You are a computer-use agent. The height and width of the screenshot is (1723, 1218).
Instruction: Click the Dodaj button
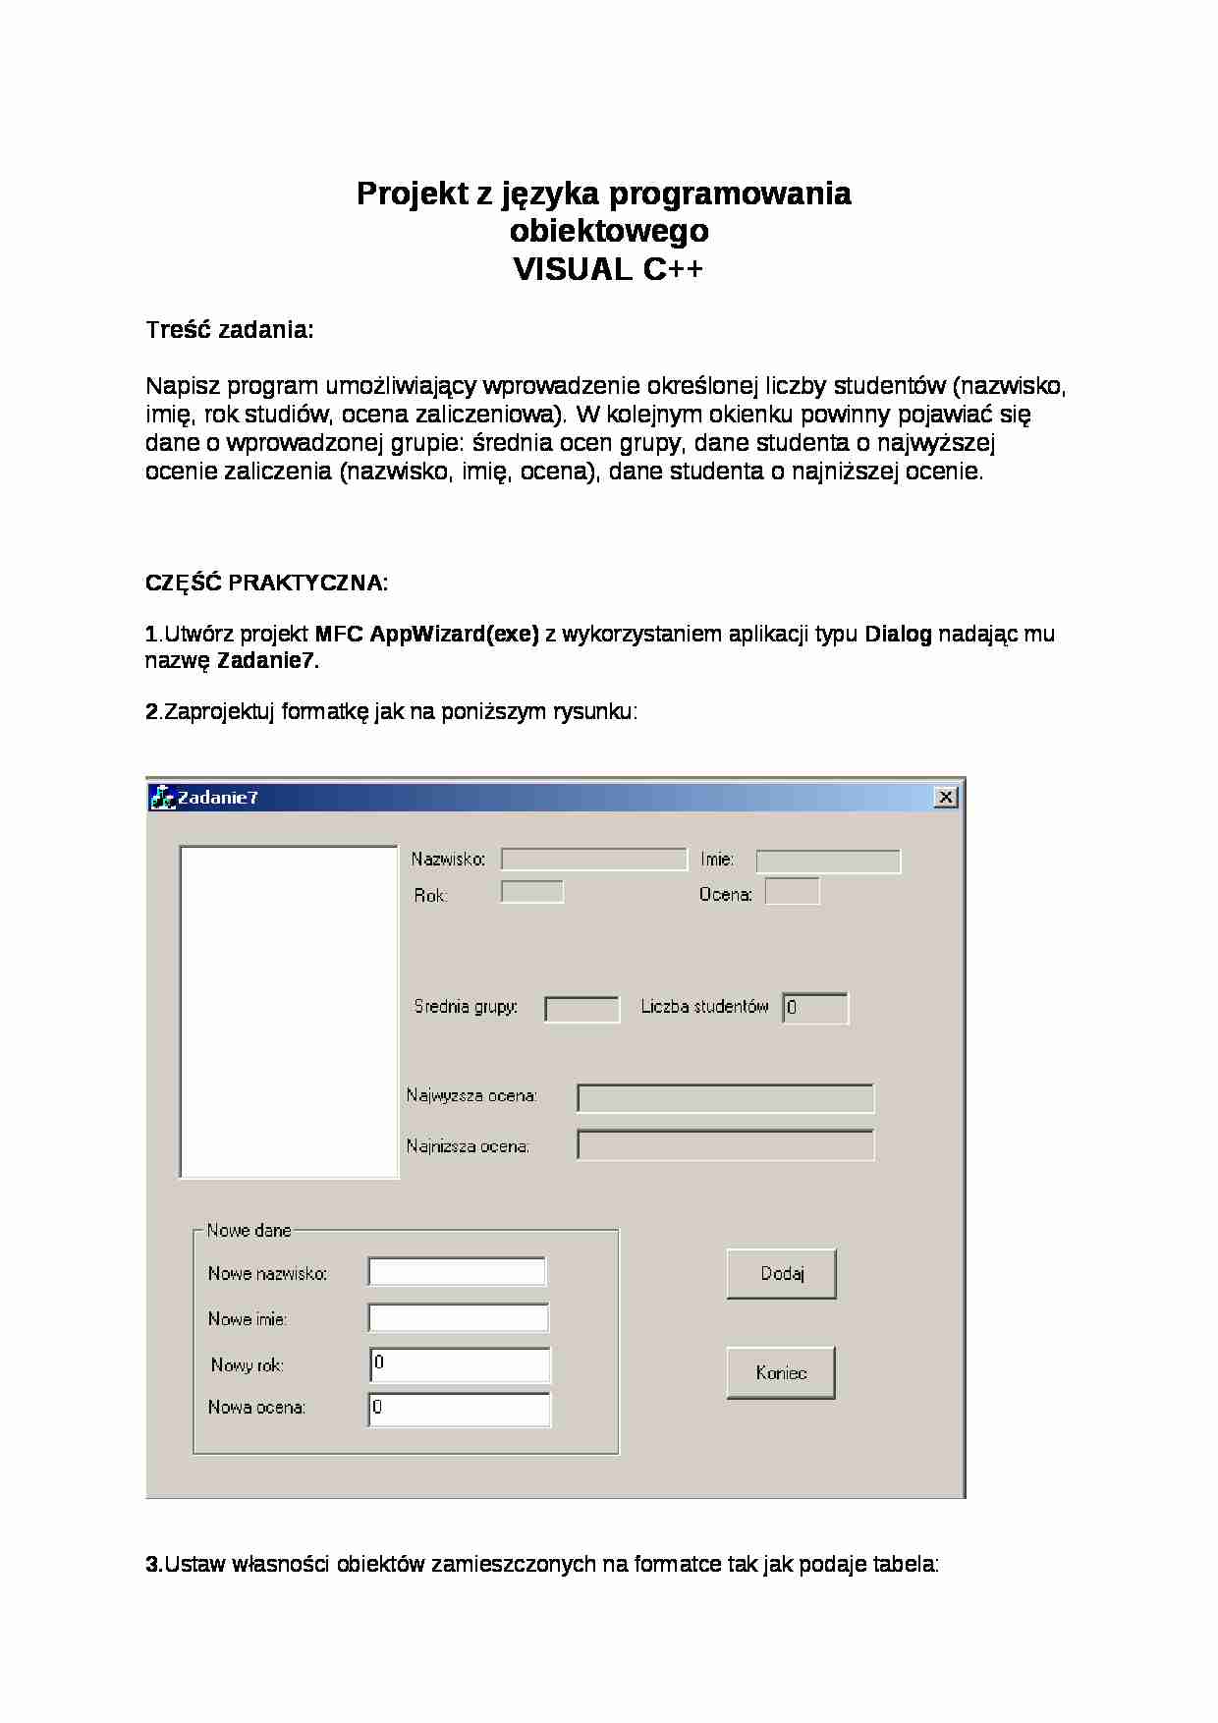tap(781, 1274)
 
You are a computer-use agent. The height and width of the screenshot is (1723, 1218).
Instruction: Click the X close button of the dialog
tap(945, 797)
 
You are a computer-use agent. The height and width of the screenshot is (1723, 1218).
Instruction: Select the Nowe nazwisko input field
tap(457, 1271)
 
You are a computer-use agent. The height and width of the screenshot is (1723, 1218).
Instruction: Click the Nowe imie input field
tap(458, 1317)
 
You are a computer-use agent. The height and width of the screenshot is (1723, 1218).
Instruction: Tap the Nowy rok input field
tap(460, 1364)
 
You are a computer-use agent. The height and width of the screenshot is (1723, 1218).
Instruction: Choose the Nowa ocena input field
tap(460, 1409)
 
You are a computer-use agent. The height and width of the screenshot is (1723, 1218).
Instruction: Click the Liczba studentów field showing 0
tap(815, 1008)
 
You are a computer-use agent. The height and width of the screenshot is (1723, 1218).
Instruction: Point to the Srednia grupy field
tap(581, 1009)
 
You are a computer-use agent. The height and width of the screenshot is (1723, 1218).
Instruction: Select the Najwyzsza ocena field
tap(725, 1098)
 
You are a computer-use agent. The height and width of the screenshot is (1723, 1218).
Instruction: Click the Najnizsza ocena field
tap(725, 1145)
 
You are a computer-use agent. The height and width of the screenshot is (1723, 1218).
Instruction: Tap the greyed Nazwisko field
tap(593, 860)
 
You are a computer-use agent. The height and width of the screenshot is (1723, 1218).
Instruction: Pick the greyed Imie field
tap(827, 861)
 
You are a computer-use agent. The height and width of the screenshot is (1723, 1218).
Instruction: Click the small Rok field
tap(531, 892)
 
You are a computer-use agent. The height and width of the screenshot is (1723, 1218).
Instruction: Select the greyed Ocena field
tap(792, 892)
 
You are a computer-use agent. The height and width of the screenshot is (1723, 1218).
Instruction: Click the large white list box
tap(289, 1012)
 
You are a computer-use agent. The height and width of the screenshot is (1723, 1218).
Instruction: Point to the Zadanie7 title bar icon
tap(161, 798)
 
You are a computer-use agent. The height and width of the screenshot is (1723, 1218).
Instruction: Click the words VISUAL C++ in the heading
tap(608, 269)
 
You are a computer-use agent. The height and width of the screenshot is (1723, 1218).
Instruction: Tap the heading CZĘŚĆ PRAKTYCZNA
tap(266, 583)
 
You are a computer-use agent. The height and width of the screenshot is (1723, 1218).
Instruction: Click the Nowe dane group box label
tap(249, 1230)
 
